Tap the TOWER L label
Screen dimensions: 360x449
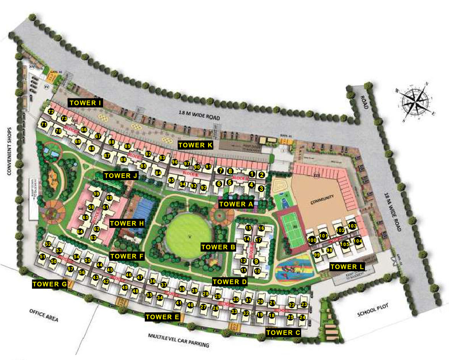(x=347, y=266)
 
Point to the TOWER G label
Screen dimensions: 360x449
(x=50, y=284)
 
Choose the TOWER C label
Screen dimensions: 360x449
(x=284, y=333)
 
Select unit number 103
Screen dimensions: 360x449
(x=352, y=226)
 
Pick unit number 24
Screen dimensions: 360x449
(x=302, y=317)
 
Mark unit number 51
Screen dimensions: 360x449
(x=42, y=257)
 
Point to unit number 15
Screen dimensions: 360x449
(x=248, y=228)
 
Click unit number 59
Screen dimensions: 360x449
(x=96, y=194)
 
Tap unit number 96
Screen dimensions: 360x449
(x=175, y=162)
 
